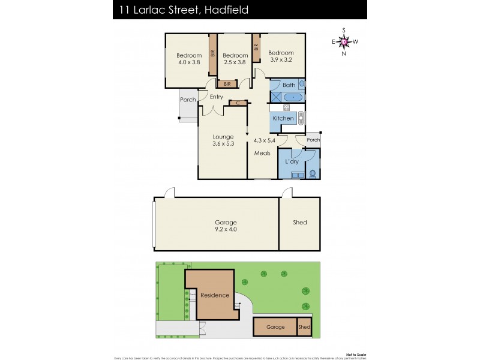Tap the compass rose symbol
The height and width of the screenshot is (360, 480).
344,41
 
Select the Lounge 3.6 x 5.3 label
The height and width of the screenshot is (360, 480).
223,140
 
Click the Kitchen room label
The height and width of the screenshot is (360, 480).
283,118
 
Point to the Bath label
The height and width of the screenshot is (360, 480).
289,85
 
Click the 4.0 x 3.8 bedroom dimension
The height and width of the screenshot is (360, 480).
189,62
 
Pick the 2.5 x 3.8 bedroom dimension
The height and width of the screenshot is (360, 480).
235,62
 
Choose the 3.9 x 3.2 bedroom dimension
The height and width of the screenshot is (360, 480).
281,59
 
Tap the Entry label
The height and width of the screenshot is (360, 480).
216,97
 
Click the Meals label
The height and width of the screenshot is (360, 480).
262,153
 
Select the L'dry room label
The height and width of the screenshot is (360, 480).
292,162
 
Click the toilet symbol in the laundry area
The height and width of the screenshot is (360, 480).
312,174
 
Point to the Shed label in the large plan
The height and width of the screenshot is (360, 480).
299,223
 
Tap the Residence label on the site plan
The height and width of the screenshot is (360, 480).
215,295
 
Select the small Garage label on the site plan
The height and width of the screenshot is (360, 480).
275,328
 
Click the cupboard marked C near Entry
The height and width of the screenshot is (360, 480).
238,103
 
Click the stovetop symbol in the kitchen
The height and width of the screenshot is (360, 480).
286,107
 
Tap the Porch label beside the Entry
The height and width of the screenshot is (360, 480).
188,100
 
